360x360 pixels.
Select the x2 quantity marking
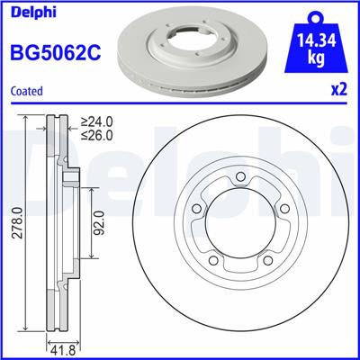tap(338, 90)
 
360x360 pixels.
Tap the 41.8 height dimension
tap(58, 347)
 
